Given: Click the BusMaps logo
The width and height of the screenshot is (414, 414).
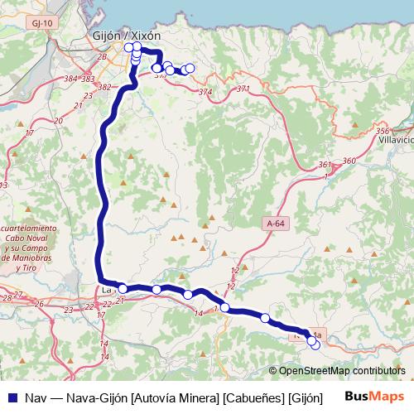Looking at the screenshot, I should tap(375, 397).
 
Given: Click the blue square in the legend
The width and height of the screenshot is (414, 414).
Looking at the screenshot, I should tap(12, 397).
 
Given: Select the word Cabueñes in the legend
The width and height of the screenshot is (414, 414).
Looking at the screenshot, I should tap(249, 397).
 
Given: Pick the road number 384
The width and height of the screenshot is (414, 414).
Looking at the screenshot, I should tap(72, 79).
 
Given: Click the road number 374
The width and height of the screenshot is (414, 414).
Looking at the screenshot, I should tap(205, 91).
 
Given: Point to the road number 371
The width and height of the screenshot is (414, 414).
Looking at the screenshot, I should tap(243, 89).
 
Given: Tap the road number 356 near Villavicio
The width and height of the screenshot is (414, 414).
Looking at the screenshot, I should tap(382, 132).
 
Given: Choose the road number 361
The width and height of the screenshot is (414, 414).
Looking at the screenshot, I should tap(325, 165).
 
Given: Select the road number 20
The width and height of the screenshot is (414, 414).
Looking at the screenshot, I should tap(57, 121).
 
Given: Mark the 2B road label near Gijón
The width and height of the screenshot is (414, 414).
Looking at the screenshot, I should tap(103, 56).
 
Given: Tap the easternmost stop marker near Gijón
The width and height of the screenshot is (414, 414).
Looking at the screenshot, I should tap(190, 68).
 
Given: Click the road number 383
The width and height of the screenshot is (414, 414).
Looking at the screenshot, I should tap(88, 79).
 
